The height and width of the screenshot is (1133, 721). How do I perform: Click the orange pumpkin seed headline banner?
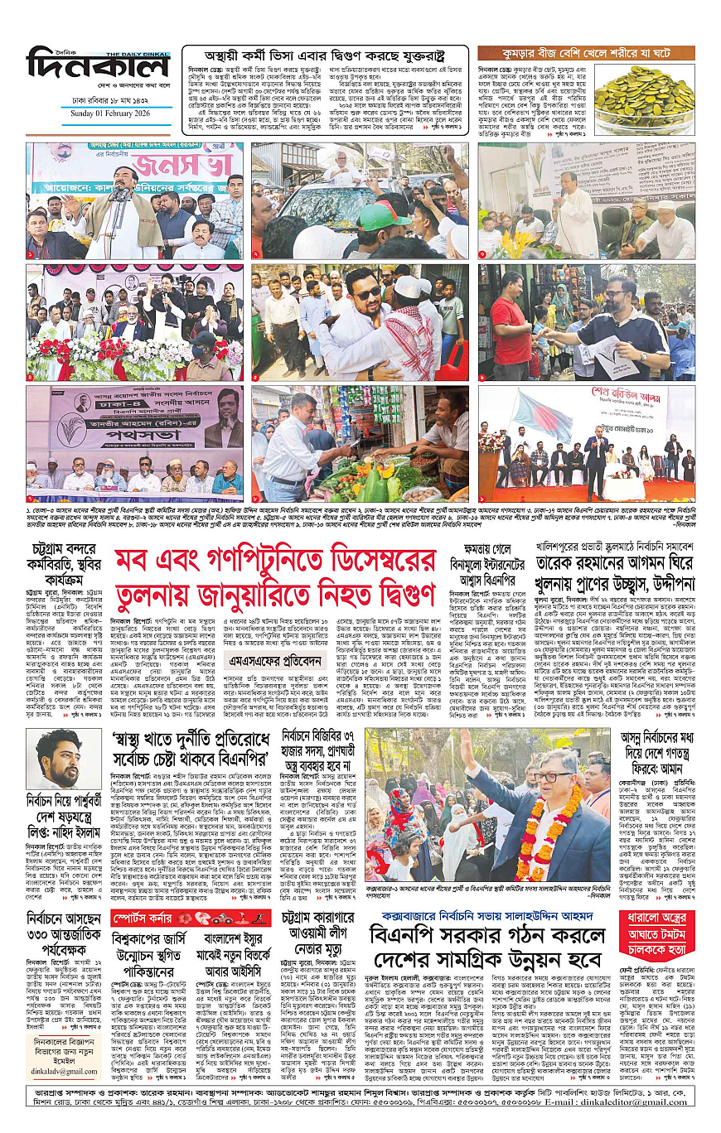tap(586, 52)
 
